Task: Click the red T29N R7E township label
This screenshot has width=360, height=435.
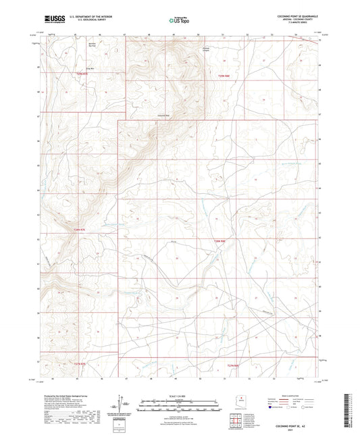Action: pos(82,74)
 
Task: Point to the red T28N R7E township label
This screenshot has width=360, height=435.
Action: pos(80,230)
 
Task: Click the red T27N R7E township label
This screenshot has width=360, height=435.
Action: pos(79,363)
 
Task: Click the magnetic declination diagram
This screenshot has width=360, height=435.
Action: pos(122,408)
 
